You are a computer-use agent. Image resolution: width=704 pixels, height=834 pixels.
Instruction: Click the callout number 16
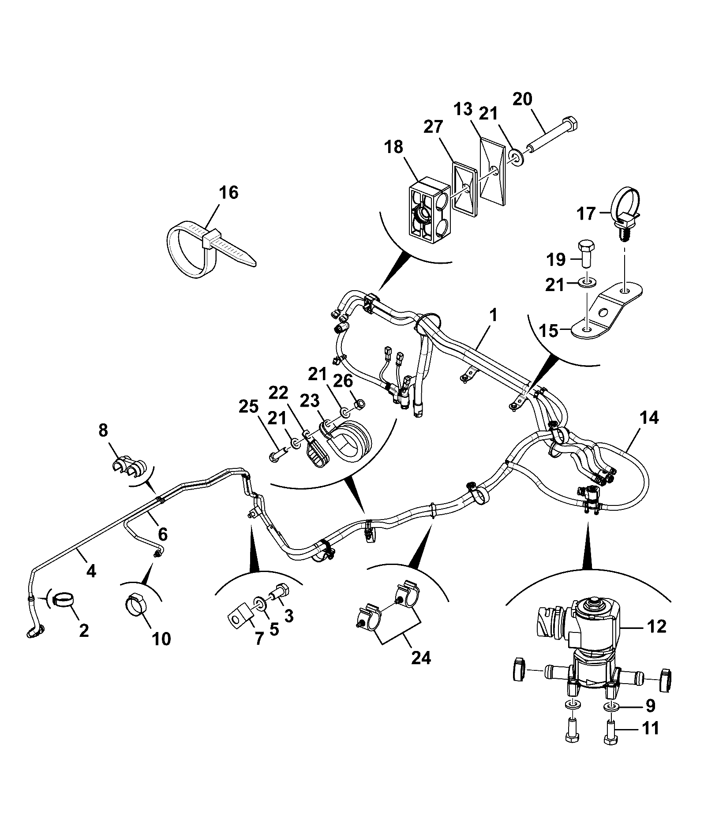click(229, 193)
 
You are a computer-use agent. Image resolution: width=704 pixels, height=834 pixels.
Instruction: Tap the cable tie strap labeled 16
click(207, 250)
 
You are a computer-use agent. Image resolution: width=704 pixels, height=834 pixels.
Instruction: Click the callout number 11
click(651, 728)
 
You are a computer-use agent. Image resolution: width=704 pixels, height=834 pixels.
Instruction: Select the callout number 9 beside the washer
click(651, 706)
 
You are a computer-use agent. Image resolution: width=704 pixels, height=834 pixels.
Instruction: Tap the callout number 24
click(421, 670)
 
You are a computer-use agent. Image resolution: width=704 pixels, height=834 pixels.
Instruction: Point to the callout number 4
click(91, 571)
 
